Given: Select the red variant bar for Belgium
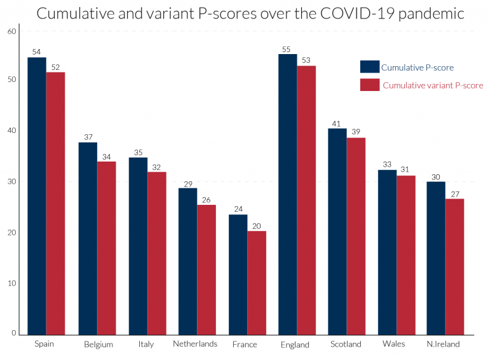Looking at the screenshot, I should tap(107, 248).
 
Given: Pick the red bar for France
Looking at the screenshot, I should tap(257, 282).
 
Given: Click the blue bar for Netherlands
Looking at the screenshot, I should tap(187, 261).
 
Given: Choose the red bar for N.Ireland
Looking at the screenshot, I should tap(454, 267).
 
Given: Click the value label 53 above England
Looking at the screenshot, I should tap(306, 60).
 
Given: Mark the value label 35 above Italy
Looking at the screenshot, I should tap(138, 152).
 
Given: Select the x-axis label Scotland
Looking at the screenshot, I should tap(346, 344).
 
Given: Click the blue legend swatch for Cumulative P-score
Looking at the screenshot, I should tap(369, 67).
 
